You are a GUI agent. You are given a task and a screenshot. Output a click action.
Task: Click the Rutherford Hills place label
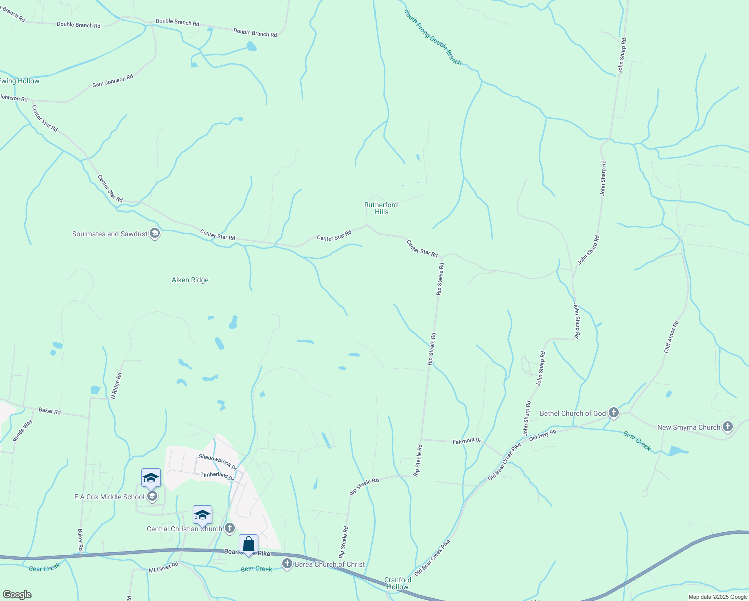381,208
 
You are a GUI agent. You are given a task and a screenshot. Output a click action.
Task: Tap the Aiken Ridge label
190,280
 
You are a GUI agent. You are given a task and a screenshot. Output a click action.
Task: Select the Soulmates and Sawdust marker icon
155,234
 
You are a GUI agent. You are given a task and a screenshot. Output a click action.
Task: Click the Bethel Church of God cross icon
614,413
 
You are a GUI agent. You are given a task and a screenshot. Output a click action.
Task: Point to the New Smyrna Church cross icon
728,427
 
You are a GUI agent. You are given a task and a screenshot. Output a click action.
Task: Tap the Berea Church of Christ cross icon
287,564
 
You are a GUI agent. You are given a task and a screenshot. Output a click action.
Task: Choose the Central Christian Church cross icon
230,528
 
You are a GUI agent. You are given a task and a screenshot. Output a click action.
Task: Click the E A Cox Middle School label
109,497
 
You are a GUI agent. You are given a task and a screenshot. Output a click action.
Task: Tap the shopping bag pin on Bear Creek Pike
248,545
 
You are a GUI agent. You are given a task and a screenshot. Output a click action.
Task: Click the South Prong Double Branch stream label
433,37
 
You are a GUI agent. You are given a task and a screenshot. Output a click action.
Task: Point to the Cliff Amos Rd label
671,337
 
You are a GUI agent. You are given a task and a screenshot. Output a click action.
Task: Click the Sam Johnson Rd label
113,81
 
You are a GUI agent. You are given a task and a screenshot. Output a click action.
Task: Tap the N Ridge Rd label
116,386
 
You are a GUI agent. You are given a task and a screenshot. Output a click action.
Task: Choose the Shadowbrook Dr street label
218,462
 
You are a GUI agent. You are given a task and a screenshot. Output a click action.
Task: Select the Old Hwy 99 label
542,435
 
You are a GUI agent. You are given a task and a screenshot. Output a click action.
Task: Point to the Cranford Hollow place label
398,583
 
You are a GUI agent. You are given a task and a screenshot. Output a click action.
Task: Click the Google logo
17,595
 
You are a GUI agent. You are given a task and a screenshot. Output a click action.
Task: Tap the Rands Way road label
23,430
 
